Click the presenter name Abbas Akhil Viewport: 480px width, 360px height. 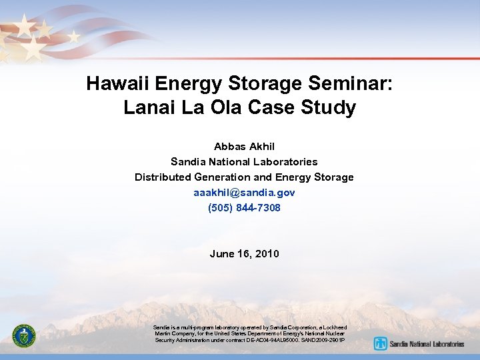244,146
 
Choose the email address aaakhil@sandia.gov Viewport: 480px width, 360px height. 244,193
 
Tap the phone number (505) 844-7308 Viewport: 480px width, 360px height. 244,208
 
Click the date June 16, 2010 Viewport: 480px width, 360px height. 244,254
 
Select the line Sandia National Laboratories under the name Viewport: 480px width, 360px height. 244,162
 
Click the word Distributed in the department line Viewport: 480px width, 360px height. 163,177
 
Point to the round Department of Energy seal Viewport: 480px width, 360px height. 25,337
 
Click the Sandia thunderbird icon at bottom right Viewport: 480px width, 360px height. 381,344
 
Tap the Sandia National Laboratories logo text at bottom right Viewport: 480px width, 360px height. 427,345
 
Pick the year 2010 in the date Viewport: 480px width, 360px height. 267,254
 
